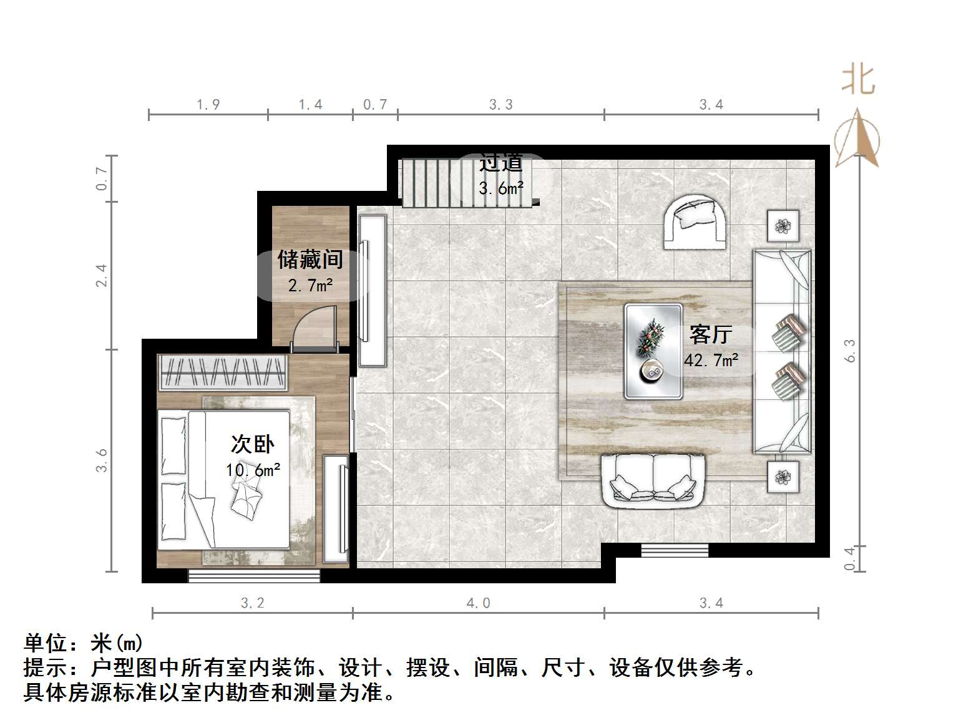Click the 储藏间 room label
pyautogui.click(x=310, y=260)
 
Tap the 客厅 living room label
pyautogui.click(x=710, y=335)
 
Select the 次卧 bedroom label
pyautogui.click(x=252, y=444)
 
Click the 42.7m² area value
pyautogui.click(x=711, y=361)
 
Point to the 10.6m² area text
pyautogui.click(x=253, y=470)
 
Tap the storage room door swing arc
pyautogui.click(x=314, y=325)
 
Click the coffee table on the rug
pyautogui.click(x=653, y=351)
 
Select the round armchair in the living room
pyautogui.click(x=695, y=222)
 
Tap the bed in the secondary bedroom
pyautogui.click(x=223, y=479)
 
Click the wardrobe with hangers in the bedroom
pyautogui.click(x=223, y=372)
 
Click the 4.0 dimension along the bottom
pyautogui.click(x=478, y=603)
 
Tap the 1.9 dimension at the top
pyautogui.click(x=208, y=104)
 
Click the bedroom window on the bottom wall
pyautogui.click(x=254, y=576)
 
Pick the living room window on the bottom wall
pyautogui.click(x=675, y=550)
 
